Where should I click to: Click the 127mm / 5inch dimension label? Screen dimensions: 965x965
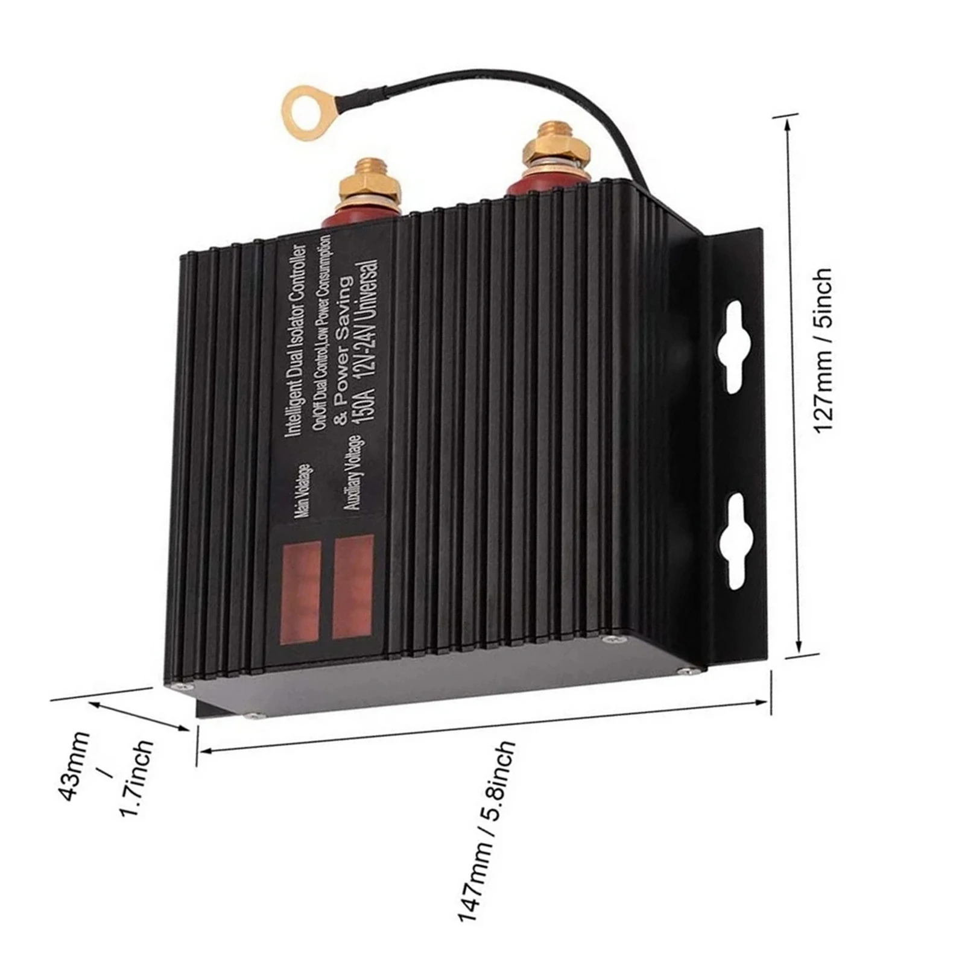coord(824,350)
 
